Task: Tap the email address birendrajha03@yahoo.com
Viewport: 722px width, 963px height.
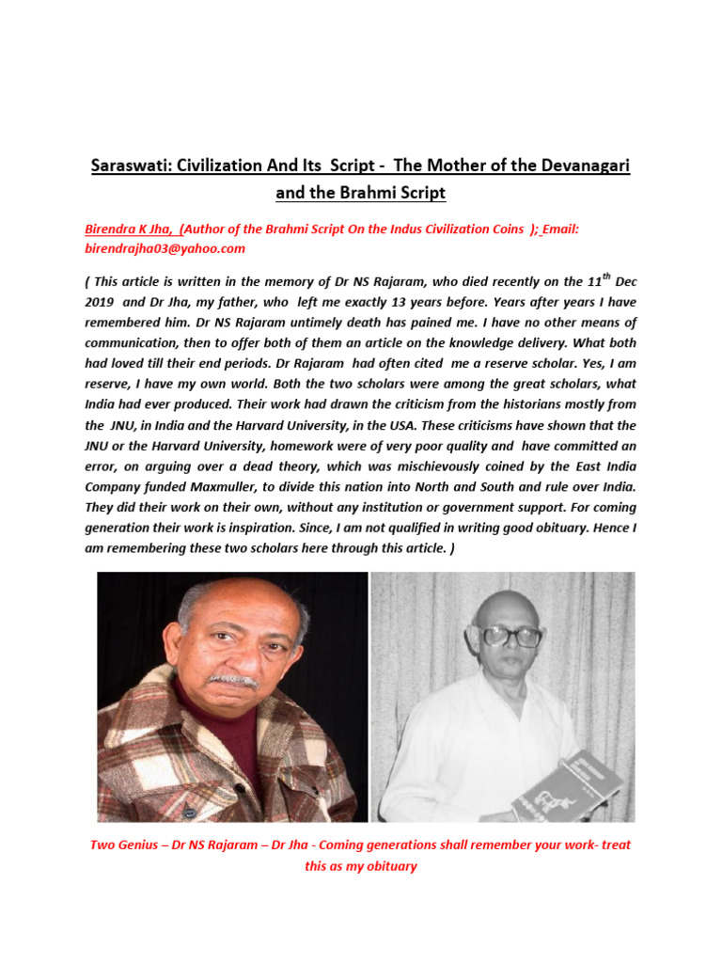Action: point(165,248)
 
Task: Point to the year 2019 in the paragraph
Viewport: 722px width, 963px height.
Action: point(111,304)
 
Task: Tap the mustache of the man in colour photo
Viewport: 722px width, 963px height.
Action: point(231,679)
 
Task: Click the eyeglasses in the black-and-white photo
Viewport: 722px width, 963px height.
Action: point(511,638)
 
